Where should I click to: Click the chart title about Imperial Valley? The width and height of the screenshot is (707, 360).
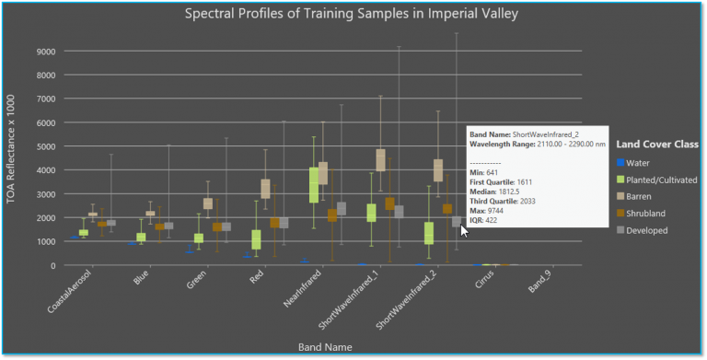coord(351,14)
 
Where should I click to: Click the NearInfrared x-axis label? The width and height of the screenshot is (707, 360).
coord(288,294)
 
